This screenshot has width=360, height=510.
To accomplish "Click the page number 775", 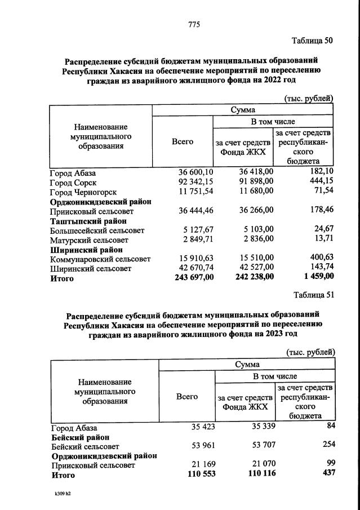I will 194,25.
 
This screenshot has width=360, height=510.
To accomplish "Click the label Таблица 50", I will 313,41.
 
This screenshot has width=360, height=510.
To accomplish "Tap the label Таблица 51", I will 314,294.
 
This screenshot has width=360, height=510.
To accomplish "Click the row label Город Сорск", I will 73,183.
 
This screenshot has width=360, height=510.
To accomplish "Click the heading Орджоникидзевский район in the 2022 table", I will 101,201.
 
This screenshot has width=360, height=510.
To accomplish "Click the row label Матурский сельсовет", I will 89,240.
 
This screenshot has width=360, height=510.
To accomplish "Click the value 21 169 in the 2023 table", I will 202,465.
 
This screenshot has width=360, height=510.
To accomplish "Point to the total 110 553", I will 200,475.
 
